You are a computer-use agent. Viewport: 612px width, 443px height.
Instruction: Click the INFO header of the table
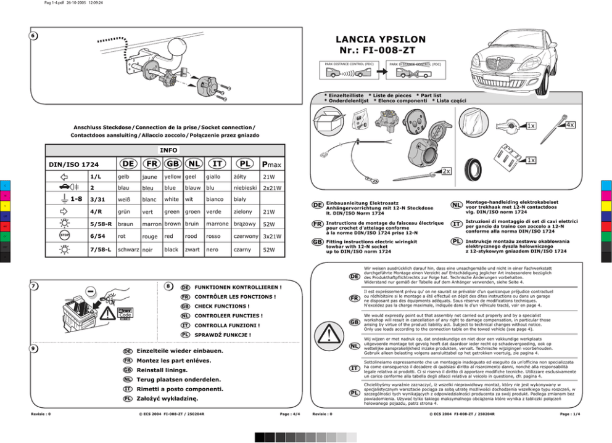pyautogui.click(x=168, y=150)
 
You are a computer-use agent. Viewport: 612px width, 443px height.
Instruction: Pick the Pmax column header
pyautogui.click(x=271, y=165)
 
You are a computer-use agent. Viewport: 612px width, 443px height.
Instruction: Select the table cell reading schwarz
pyautogui.click(x=128, y=250)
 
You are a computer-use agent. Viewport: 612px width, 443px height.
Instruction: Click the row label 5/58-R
pyautogui.click(x=101, y=224)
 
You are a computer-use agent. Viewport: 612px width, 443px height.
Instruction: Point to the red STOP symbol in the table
pyautogui.click(x=64, y=236)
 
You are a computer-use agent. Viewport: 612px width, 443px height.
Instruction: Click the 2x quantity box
pyautogui.click(x=446, y=171)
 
